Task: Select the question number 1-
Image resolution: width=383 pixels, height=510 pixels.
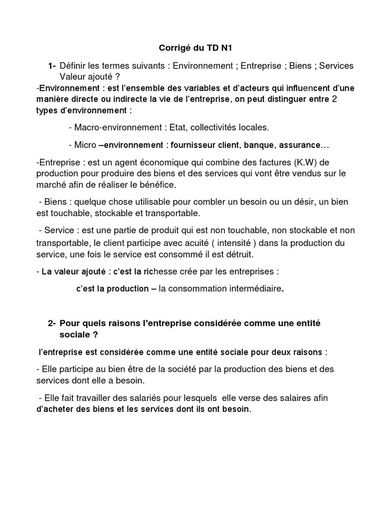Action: click(x=52, y=66)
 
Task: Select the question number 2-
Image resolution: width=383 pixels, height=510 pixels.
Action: click(x=52, y=323)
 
